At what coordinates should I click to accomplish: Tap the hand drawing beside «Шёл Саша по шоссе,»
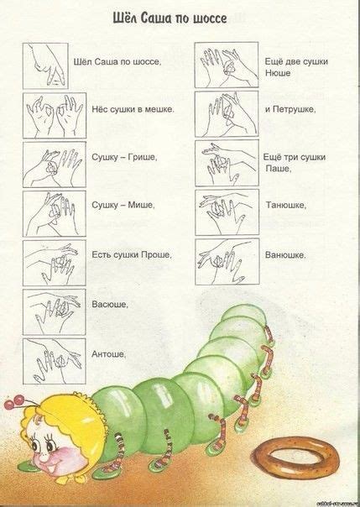(x=51, y=64)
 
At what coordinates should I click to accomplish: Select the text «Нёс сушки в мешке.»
(x=133, y=109)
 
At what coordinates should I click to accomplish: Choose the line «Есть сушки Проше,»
(x=131, y=254)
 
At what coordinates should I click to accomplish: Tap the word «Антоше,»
(x=109, y=353)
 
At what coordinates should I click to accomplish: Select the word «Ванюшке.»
(x=284, y=254)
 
